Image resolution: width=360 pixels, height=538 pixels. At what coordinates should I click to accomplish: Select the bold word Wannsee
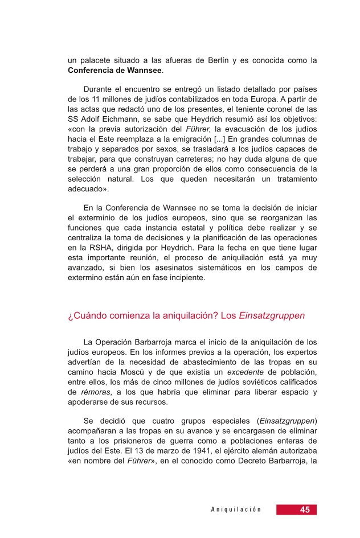[x=141, y=71]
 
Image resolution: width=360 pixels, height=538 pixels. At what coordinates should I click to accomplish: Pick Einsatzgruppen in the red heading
[x=272, y=315]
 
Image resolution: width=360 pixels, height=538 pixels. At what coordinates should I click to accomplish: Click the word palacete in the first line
[x=94, y=60]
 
